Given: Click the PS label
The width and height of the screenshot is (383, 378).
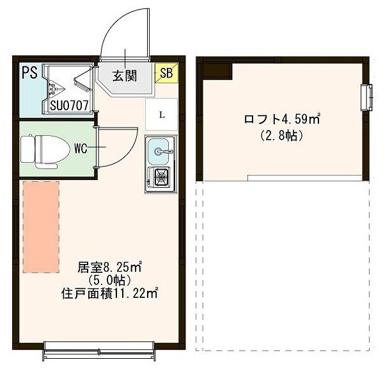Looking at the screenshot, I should pos(28,71).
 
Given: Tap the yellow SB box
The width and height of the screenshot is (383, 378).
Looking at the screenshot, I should pos(165,73).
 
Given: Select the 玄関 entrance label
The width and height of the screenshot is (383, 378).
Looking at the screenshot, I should pos(125,76).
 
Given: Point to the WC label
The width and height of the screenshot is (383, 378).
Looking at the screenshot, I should pos(80,149).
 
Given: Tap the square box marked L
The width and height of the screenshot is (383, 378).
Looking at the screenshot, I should pos(162,115).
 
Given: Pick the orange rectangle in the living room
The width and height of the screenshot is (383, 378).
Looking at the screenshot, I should pos(41,226).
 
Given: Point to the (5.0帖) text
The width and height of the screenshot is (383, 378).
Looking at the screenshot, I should pos(110,281).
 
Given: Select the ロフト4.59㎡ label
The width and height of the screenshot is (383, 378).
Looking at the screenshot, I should pos(282,119).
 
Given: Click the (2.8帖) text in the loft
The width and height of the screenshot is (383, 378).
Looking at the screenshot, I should pos(281,135).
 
